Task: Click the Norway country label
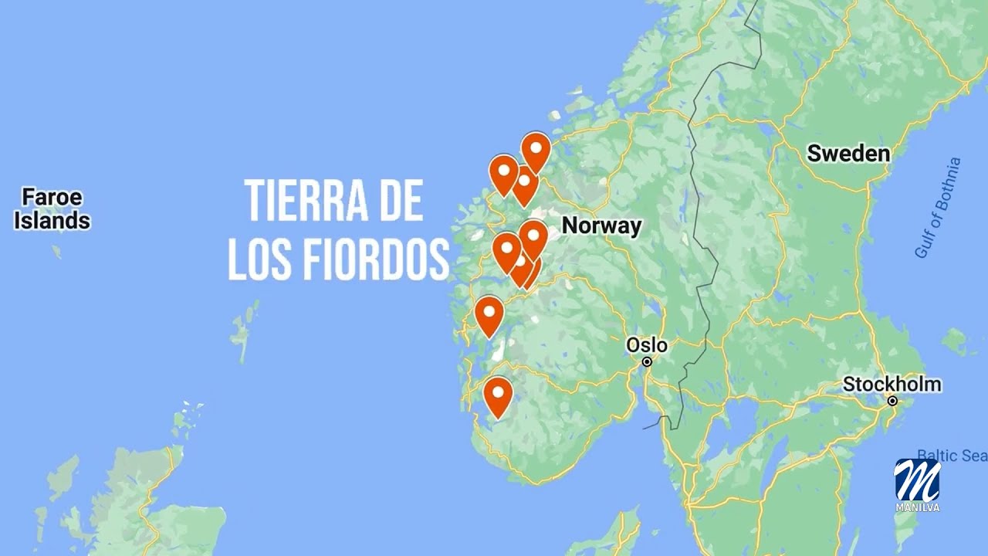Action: tap(601, 225)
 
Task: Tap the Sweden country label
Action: tap(848, 154)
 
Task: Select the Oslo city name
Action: tap(647, 344)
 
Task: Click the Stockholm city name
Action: tap(892, 384)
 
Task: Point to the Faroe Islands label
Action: tap(52, 208)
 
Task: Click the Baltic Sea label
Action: tap(952, 456)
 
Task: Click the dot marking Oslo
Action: tap(648, 361)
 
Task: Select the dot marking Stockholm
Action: tap(892, 401)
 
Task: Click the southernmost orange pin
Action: tap(498, 395)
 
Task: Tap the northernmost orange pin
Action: tap(536, 150)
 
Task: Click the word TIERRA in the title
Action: tap(300, 201)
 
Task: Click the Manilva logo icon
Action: tap(917, 480)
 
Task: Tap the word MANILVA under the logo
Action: tap(917, 508)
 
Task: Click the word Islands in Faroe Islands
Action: tap(52, 221)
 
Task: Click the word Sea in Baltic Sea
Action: tap(973, 456)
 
